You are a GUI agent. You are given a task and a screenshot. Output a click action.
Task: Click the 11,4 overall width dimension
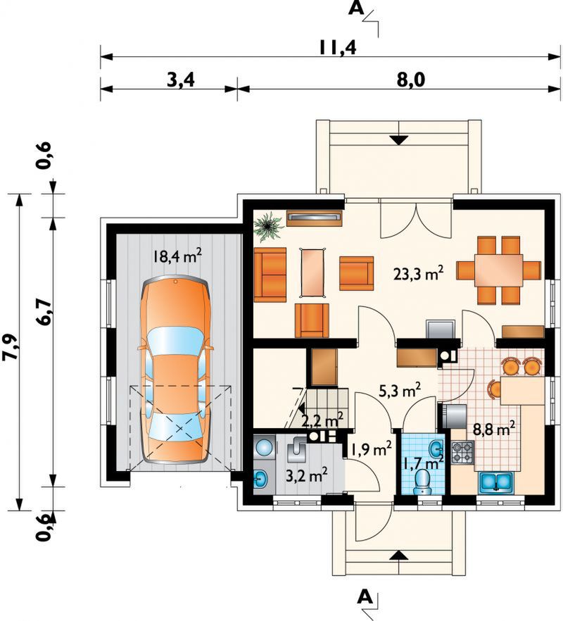tap(338, 47)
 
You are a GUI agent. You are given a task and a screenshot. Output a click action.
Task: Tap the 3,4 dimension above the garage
tap(181, 80)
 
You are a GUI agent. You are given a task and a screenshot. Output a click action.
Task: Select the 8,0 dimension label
tap(410, 80)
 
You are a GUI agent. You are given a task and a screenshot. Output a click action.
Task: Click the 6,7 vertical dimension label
tap(44, 312)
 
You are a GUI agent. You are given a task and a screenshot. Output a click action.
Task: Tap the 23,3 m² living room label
tap(418, 274)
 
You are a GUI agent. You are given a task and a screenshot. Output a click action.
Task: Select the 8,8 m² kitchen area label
tap(494, 429)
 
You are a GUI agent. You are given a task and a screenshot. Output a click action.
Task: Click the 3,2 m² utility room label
tap(306, 475)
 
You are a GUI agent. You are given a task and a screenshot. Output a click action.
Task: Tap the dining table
tap(499, 270)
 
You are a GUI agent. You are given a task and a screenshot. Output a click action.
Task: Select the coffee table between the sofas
tap(313, 272)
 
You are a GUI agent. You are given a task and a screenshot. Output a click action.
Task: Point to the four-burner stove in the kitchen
tap(462, 452)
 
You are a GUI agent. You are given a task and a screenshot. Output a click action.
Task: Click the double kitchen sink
tap(496, 482)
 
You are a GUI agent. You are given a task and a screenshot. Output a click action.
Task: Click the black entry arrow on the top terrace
tap(399, 140)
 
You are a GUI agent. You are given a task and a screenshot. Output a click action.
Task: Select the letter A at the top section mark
tap(356, 8)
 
